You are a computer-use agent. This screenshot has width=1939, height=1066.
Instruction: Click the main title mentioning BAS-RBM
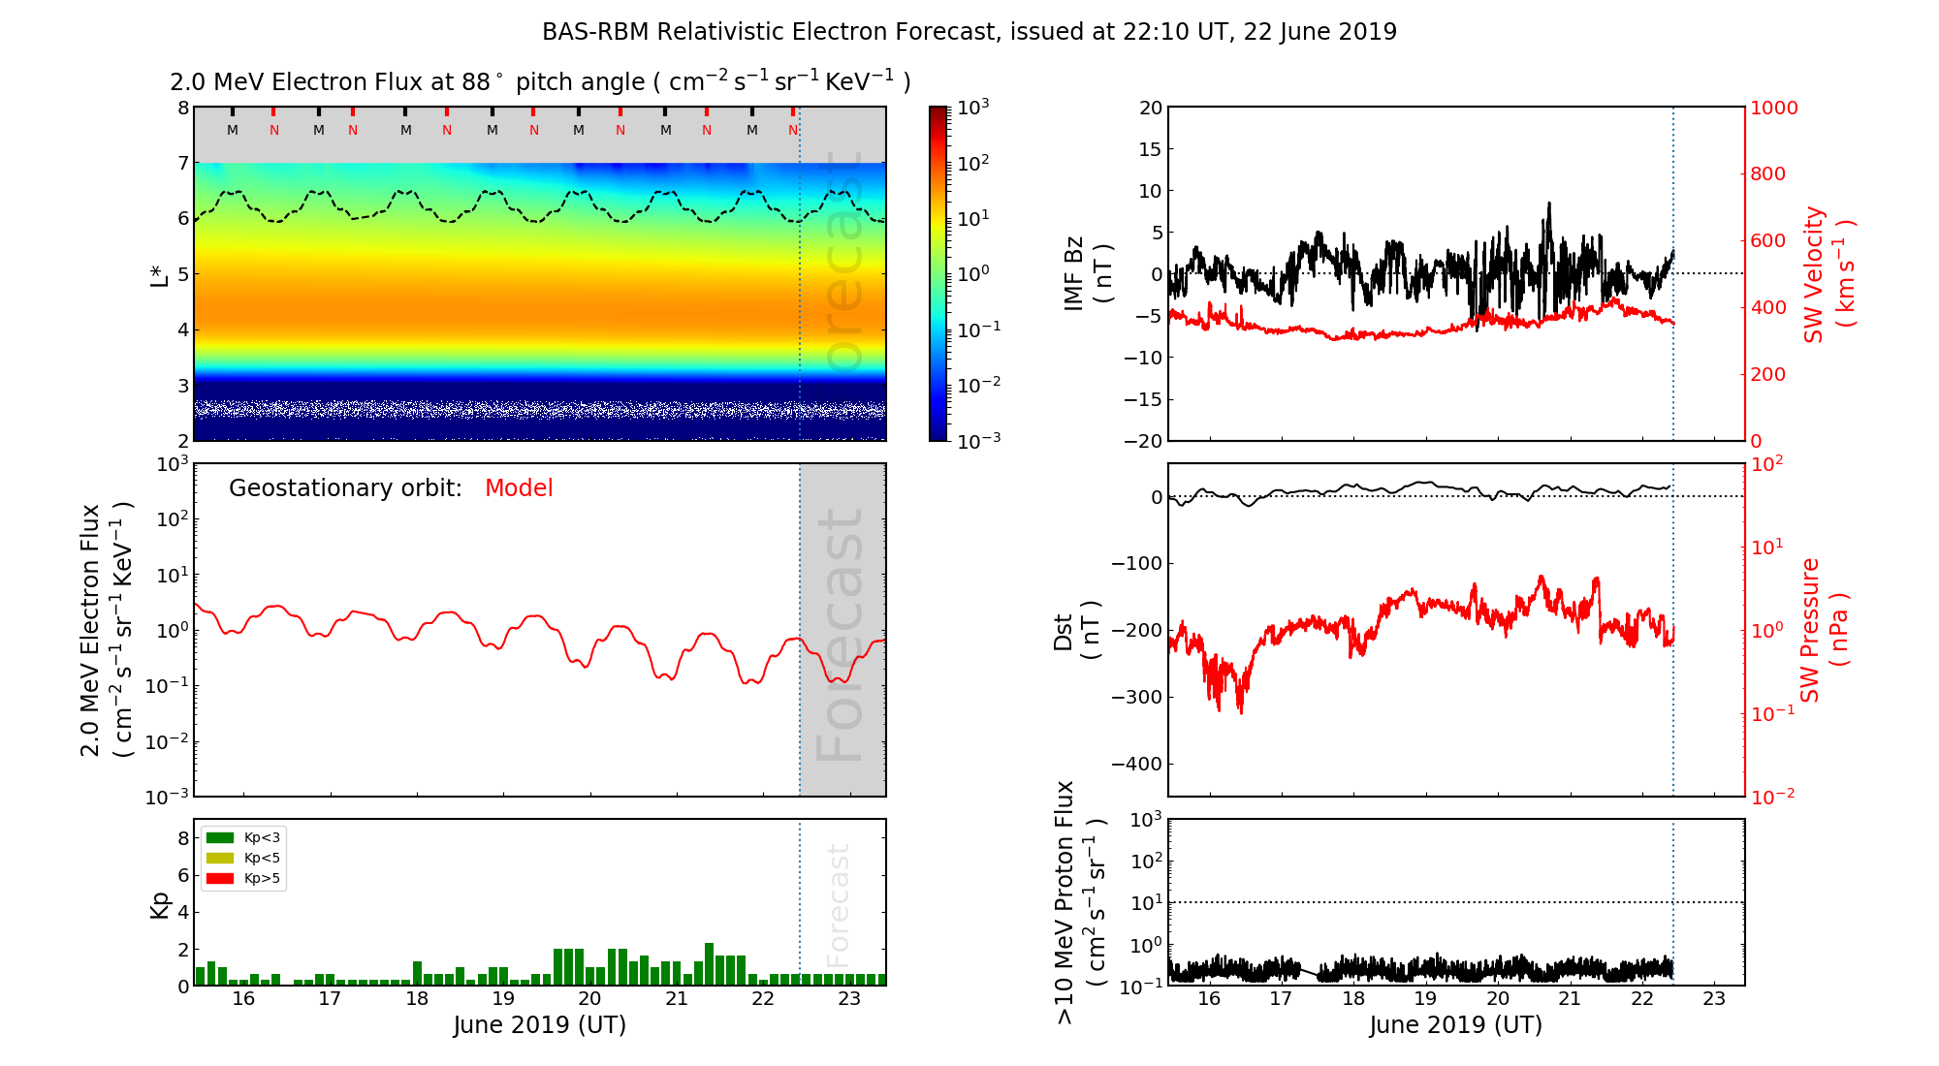(969, 32)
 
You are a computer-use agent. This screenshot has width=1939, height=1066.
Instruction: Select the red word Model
(519, 488)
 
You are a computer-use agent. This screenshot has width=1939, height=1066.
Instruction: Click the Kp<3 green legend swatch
(220, 837)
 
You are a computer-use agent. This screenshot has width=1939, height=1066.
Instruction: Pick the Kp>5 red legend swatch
(220, 879)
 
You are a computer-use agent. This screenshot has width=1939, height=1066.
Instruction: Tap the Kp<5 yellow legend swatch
(220, 858)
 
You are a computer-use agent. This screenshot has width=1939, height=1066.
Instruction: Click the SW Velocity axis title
(1828, 273)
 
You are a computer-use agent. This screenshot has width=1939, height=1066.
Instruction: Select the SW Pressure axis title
(1824, 630)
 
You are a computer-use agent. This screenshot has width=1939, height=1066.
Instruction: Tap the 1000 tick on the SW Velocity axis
(1773, 108)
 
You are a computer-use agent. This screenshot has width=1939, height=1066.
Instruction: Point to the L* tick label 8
(182, 108)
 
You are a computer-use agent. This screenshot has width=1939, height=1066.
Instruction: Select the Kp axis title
(159, 904)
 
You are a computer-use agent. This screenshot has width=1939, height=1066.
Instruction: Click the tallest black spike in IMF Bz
(1549, 206)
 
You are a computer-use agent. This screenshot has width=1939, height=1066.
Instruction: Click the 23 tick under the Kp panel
(849, 999)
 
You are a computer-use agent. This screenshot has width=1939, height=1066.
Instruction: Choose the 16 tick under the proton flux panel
(1209, 999)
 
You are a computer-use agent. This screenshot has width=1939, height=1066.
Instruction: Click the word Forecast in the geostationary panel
(840, 635)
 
